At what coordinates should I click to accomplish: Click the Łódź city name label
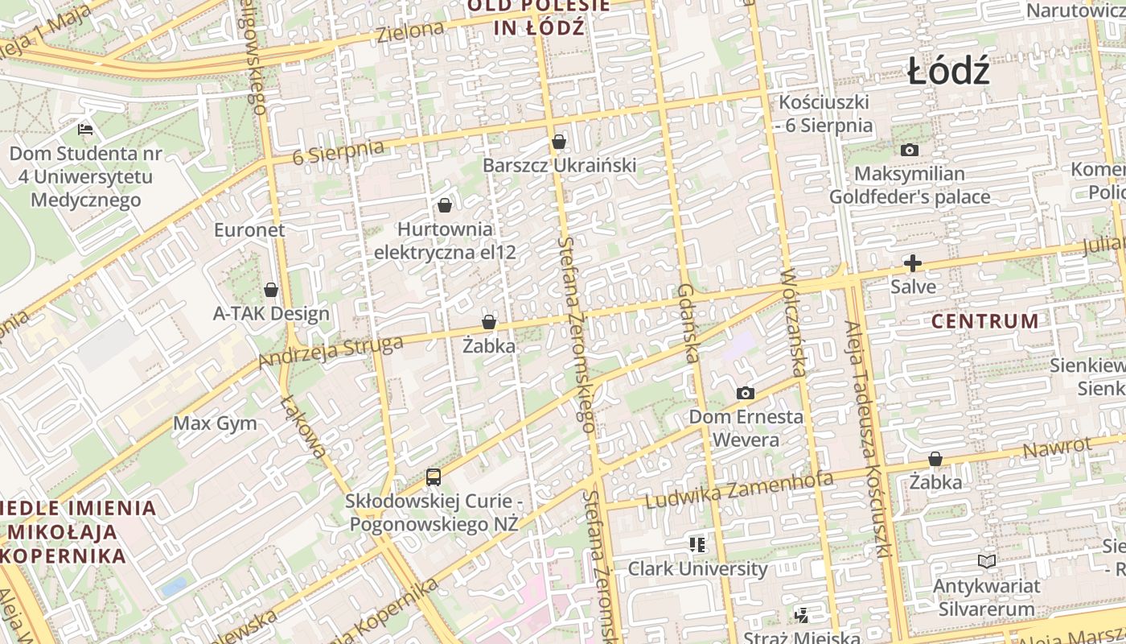point(948,72)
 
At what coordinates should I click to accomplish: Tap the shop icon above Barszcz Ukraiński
point(559,142)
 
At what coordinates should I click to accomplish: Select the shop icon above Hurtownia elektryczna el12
point(445,205)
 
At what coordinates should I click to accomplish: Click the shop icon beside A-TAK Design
point(271,290)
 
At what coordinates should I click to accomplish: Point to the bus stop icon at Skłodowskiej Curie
point(434,477)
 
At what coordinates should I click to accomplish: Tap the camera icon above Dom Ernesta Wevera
point(746,394)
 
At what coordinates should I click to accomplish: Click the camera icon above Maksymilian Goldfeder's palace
point(910,151)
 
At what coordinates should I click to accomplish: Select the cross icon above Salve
point(913,263)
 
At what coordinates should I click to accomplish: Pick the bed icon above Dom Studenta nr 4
point(85,129)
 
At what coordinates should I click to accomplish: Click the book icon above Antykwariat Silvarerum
point(987,562)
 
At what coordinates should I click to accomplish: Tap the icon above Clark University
point(697,545)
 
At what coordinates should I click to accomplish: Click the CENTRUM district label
point(984,321)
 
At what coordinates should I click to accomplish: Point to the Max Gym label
point(216,423)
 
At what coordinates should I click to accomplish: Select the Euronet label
point(249,230)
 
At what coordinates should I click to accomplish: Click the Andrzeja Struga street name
point(331,351)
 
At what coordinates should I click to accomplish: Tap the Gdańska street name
point(686,323)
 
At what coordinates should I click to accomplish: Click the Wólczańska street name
point(793,323)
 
